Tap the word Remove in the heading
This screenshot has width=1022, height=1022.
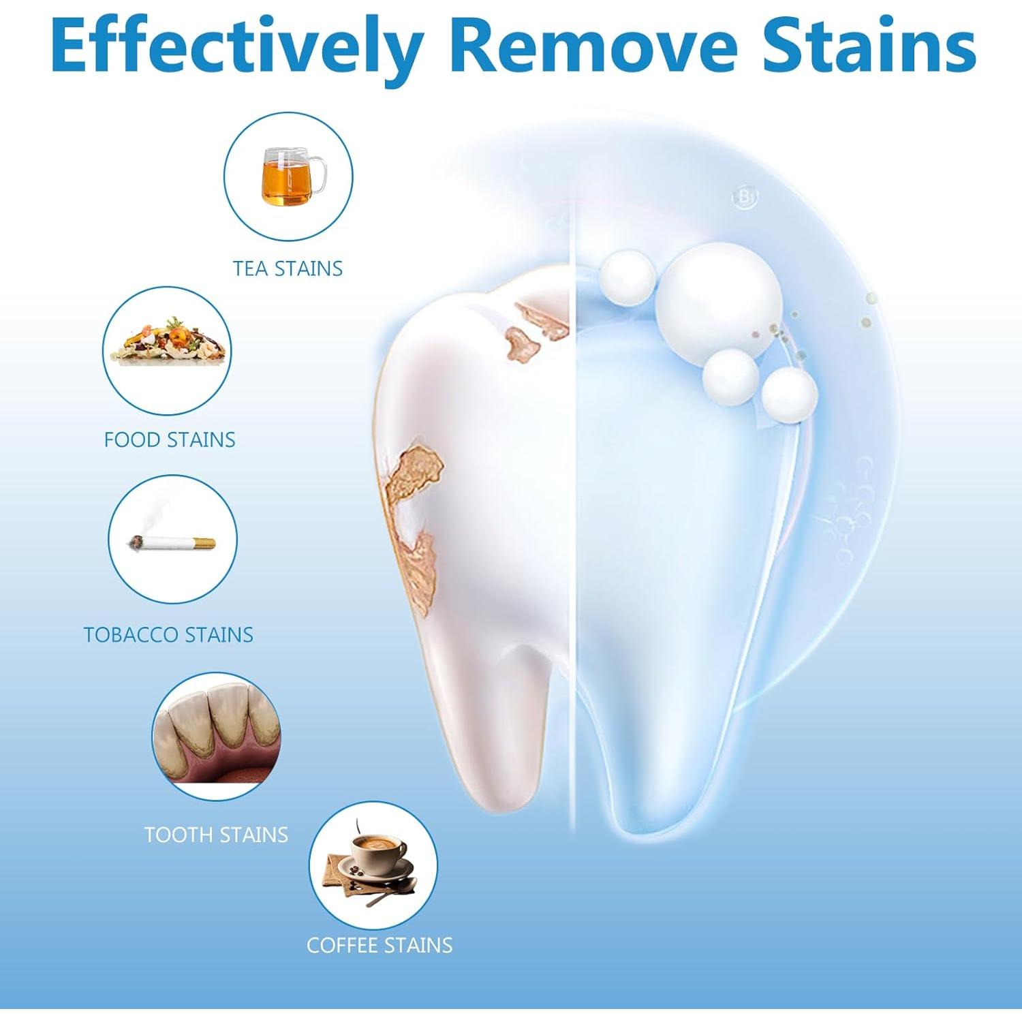point(593,46)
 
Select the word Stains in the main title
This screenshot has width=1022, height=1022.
point(868,46)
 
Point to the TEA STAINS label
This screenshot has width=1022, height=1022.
point(288,268)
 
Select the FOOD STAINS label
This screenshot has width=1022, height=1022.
point(169,439)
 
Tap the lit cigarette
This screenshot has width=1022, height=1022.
point(172,543)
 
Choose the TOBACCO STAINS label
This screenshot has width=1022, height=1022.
point(168,634)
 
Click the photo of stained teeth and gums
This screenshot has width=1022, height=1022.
point(216,736)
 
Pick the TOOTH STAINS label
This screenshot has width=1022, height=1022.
point(216,835)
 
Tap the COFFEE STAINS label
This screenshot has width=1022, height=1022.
point(380,945)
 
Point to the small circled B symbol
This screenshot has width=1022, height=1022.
point(745,198)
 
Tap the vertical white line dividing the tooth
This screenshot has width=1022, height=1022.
point(572,545)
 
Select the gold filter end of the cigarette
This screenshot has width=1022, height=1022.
point(202,543)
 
